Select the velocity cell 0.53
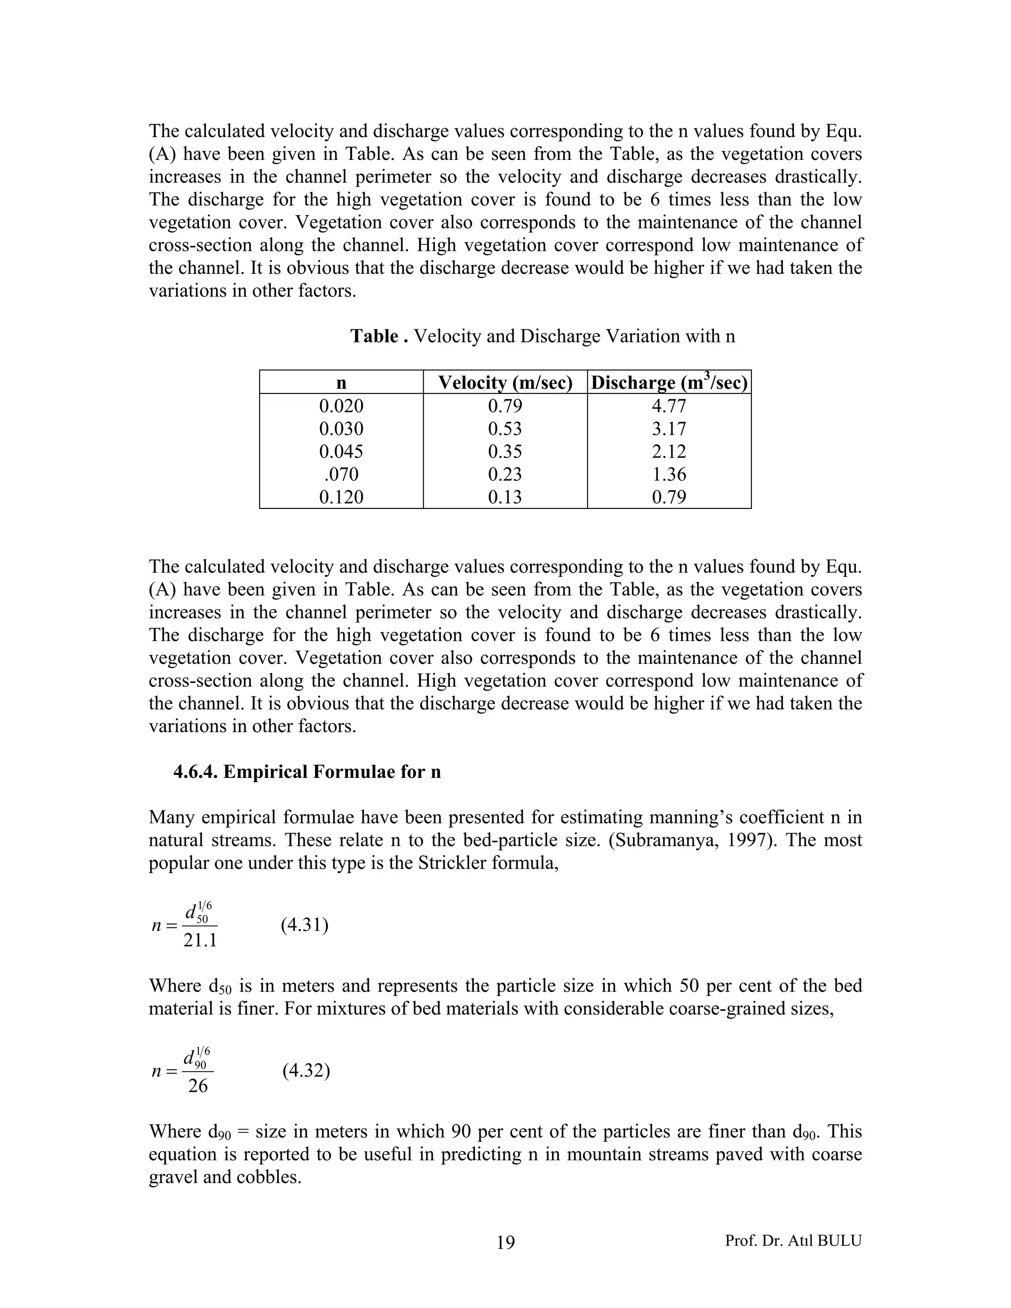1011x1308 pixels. coord(505,429)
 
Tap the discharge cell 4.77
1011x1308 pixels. coord(669,406)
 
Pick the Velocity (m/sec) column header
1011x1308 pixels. coord(505,382)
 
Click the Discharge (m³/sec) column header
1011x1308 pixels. coord(669,382)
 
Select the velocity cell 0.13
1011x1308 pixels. coord(505,497)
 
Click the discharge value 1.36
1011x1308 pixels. coord(669,474)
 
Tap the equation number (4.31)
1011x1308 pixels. coord(304,925)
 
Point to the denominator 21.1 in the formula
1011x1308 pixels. coord(200,941)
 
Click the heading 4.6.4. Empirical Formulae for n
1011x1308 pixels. coord(307,771)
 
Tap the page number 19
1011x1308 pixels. coord(505,1242)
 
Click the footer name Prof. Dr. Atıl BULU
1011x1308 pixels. coord(793,1240)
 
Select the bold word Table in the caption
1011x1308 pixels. coord(375,336)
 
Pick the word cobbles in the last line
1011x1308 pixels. coord(269,1177)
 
